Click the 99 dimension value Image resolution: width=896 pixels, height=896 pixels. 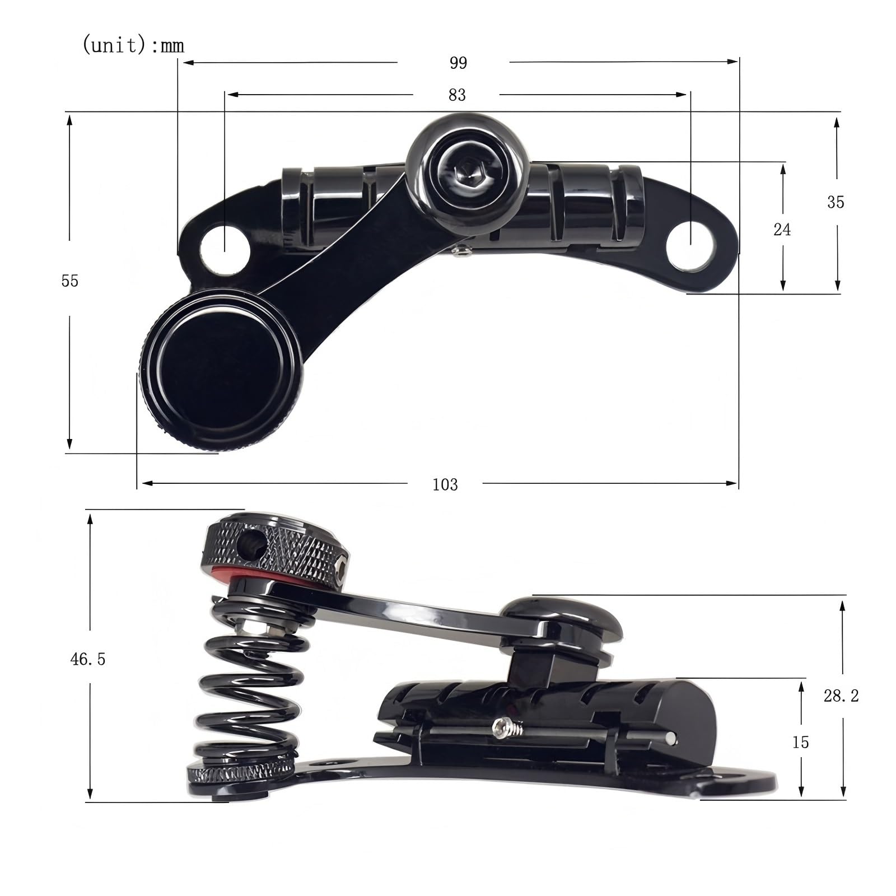(458, 63)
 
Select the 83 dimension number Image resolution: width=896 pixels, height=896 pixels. (457, 95)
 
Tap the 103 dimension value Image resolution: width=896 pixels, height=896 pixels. (445, 484)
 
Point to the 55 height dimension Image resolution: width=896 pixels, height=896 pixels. (70, 281)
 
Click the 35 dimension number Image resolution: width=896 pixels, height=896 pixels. (836, 202)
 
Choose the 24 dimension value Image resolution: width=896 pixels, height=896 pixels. (782, 229)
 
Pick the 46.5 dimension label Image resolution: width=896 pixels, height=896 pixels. (88, 660)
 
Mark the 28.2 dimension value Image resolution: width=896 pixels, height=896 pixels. (841, 696)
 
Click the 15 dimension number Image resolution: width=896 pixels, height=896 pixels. (801, 742)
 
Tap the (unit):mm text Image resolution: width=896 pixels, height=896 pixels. (133, 45)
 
